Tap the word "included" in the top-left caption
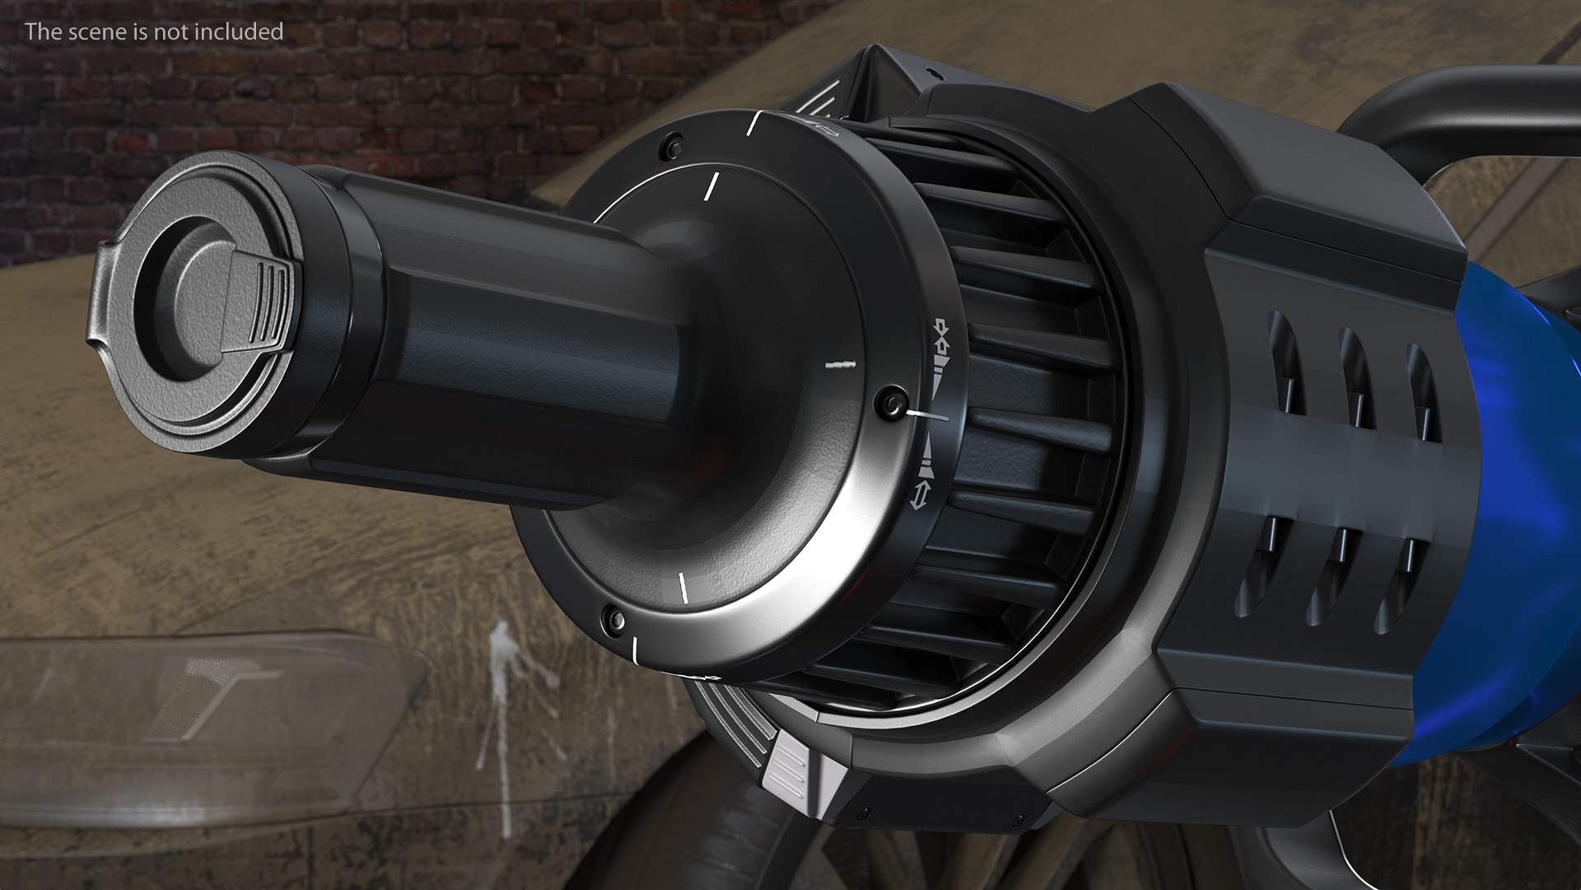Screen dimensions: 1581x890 pyautogui.click(x=245, y=31)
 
